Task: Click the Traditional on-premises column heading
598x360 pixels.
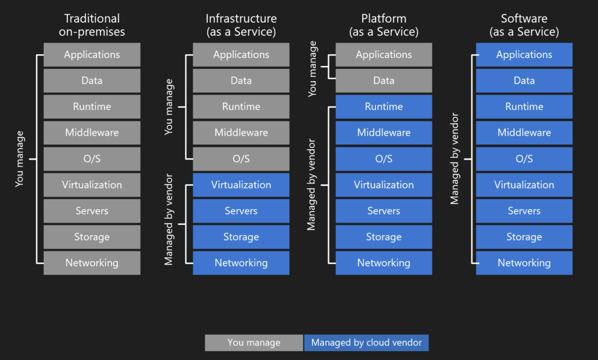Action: (x=92, y=25)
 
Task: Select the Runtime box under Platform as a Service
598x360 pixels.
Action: (x=384, y=106)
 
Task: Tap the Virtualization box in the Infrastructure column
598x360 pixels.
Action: (x=241, y=185)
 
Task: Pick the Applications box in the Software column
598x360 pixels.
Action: (x=524, y=54)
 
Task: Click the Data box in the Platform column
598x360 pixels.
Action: (x=384, y=81)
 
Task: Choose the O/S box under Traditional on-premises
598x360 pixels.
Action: (x=92, y=159)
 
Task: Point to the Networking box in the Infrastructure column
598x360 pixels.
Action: (x=241, y=263)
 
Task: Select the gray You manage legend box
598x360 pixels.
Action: (x=254, y=342)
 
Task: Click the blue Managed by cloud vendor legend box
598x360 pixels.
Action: (x=366, y=342)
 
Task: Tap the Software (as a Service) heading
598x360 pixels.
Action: (x=524, y=25)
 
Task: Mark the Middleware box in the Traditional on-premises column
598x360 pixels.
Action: (x=92, y=133)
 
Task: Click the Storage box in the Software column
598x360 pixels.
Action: (x=524, y=237)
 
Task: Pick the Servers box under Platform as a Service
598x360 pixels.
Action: (x=384, y=211)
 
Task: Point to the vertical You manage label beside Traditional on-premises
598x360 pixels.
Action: (x=20, y=159)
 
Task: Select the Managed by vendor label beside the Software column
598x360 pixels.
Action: (x=454, y=159)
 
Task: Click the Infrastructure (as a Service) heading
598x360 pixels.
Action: (x=241, y=25)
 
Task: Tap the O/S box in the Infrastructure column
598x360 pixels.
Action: (x=241, y=159)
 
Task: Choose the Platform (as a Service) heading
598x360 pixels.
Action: (x=384, y=25)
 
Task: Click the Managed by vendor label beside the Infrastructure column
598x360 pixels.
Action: (x=169, y=224)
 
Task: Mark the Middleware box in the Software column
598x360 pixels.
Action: (x=524, y=133)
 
